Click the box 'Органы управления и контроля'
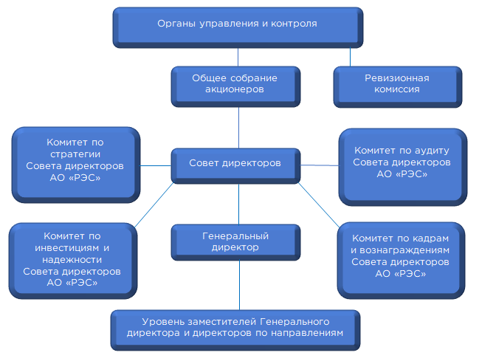pyautogui.click(x=238, y=27)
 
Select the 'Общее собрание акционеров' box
pyautogui.click(x=235, y=87)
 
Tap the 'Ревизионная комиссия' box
pyautogui.click(x=397, y=87)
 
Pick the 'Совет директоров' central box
pyautogui.click(x=235, y=166)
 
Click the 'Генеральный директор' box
pyautogui.click(x=235, y=242)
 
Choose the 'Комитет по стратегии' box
pyautogui.click(x=76, y=165)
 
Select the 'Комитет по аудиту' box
pyautogui.click(x=403, y=167)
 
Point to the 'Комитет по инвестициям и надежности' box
pyautogui.click(x=73, y=261)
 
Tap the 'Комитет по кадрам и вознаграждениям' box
pyautogui.click(x=401, y=261)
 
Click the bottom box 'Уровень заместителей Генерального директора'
pyautogui.click(x=235, y=331)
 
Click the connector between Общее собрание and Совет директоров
pyautogui.click(x=238, y=128)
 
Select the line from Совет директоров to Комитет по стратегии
pyautogui.click(x=156, y=165)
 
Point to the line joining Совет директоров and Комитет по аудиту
pyautogui.click(x=320, y=165)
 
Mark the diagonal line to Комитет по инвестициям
pyautogui.click(x=154, y=204)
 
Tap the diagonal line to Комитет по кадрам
pyautogui.click(x=319, y=204)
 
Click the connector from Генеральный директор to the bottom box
pyautogui.click(x=239, y=285)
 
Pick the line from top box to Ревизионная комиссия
pyautogui.click(x=350, y=57)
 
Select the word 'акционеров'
pyautogui.click(x=234, y=89)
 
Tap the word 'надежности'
pyautogui.click(x=72, y=260)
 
